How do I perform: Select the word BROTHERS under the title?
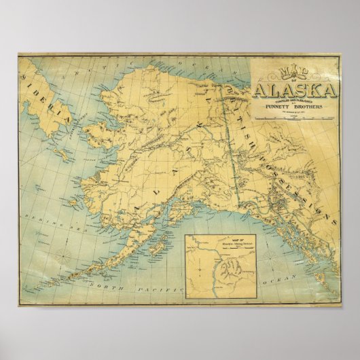click(x=315, y=107)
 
